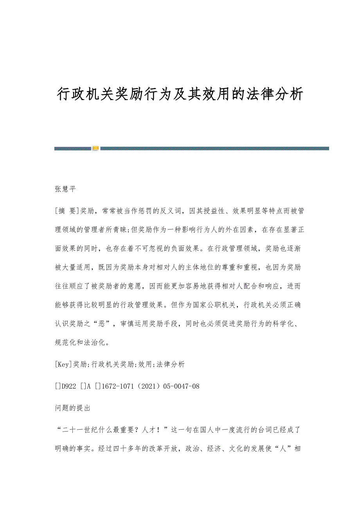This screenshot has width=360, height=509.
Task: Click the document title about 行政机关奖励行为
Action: click(180, 94)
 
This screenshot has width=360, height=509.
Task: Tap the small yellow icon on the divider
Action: click(96, 148)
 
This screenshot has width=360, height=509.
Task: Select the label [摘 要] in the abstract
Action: click(67, 211)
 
